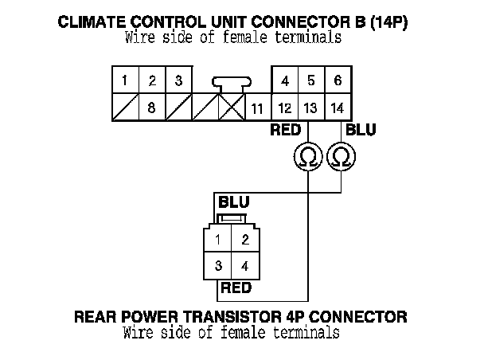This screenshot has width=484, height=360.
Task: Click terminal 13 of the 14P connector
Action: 311,108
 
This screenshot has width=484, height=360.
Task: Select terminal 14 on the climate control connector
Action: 338,108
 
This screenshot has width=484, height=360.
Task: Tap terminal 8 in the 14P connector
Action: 152,108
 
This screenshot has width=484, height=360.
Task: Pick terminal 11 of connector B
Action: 258,108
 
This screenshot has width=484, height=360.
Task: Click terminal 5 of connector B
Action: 311,80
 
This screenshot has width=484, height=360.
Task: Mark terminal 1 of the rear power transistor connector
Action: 217,238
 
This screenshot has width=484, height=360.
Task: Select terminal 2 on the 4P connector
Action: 245,238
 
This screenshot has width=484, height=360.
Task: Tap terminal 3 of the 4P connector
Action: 217,266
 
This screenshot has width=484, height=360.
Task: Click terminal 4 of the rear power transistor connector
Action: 245,266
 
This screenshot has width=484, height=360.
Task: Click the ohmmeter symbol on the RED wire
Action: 308,157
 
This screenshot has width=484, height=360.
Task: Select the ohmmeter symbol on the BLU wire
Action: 341,157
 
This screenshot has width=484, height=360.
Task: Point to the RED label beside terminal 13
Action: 286,130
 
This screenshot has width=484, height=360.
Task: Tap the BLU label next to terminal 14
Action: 361,130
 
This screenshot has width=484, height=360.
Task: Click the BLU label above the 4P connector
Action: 234,202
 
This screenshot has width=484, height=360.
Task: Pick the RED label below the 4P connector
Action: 236,288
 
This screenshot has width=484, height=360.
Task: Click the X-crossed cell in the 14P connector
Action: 232,108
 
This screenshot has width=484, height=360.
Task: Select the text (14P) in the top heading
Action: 388,22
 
